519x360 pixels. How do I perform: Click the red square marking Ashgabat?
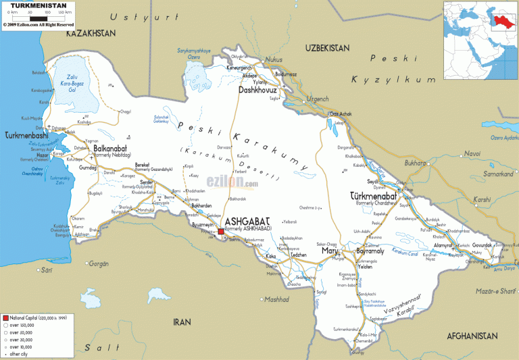[221, 232]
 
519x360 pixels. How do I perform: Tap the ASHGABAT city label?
[247, 222]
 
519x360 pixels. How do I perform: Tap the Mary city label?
[329, 251]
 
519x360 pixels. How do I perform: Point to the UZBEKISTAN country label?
[326, 48]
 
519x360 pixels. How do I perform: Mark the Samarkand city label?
[499, 174]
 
